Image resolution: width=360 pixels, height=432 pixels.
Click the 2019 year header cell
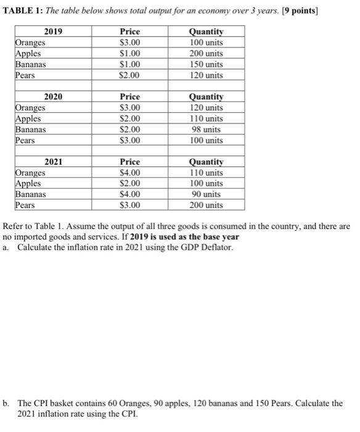coord(54,31)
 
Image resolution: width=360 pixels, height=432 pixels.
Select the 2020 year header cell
coord(54,97)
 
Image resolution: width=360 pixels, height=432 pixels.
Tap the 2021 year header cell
coord(54,162)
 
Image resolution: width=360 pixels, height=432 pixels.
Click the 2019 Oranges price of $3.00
coord(130,43)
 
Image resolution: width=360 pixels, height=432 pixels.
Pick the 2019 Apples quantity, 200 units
coord(207,54)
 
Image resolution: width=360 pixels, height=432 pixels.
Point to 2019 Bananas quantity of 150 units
coord(207,64)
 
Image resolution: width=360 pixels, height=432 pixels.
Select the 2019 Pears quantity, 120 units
coord(207,75)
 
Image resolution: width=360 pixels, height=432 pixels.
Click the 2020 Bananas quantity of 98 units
coord(207,130)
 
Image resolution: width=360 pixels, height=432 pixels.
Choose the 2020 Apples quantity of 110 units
coord(207,118)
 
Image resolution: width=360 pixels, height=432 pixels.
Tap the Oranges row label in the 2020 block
coord(31,108)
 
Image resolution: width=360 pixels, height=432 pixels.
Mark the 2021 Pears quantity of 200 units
coord(207,206)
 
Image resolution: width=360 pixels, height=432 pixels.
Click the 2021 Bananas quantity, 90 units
coord(207,195)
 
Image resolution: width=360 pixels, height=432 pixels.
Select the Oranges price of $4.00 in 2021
coord(130,173)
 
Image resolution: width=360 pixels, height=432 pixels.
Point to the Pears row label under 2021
coord(26,206)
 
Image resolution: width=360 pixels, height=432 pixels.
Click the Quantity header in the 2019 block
coord(207,31)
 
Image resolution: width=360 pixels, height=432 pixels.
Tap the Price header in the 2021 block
coord(130,162)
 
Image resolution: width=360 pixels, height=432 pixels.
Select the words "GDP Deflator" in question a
coord(213,248)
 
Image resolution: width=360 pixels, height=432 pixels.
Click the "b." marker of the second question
coord(6,403)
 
